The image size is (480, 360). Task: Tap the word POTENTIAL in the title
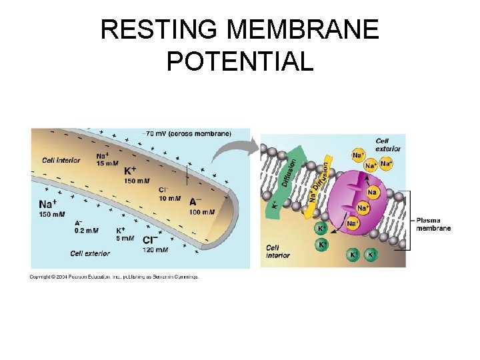coord(240,61)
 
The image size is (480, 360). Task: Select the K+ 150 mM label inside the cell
coord(136,175)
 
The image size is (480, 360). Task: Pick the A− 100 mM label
coord(202,207)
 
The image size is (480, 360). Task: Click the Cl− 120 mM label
coord(155,245)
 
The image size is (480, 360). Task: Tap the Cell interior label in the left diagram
coord(61,160)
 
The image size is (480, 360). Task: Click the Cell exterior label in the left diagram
coord(91,253)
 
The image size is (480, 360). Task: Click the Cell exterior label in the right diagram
coord(388,145)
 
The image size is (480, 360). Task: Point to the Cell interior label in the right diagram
coord(278,251)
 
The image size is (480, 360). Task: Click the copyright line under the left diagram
coord(114,277)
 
